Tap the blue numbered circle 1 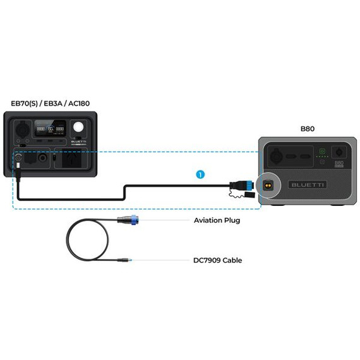click(200, 173)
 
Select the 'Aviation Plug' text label click(217, 220)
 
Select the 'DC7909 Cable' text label click(217, 260)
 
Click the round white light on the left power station click(78, 127)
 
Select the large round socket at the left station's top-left click(21, 126)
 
